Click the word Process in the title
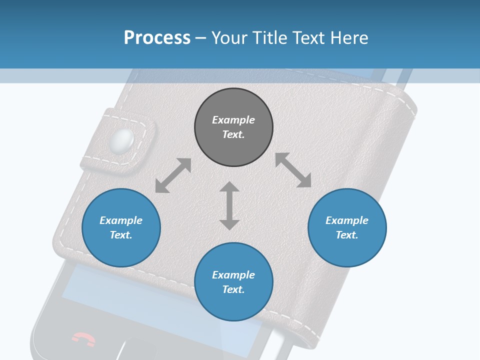(157, 38)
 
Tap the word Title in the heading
(269, 38)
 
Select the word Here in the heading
(350, 38)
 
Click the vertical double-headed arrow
(229, 205)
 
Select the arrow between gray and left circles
(173, 175)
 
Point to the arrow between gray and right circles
(293, 170)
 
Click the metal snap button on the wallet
(123, 140)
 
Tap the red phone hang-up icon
(83, 338)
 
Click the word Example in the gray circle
(233, 120)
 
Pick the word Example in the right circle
(347, 220)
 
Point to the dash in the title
(201, 38)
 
